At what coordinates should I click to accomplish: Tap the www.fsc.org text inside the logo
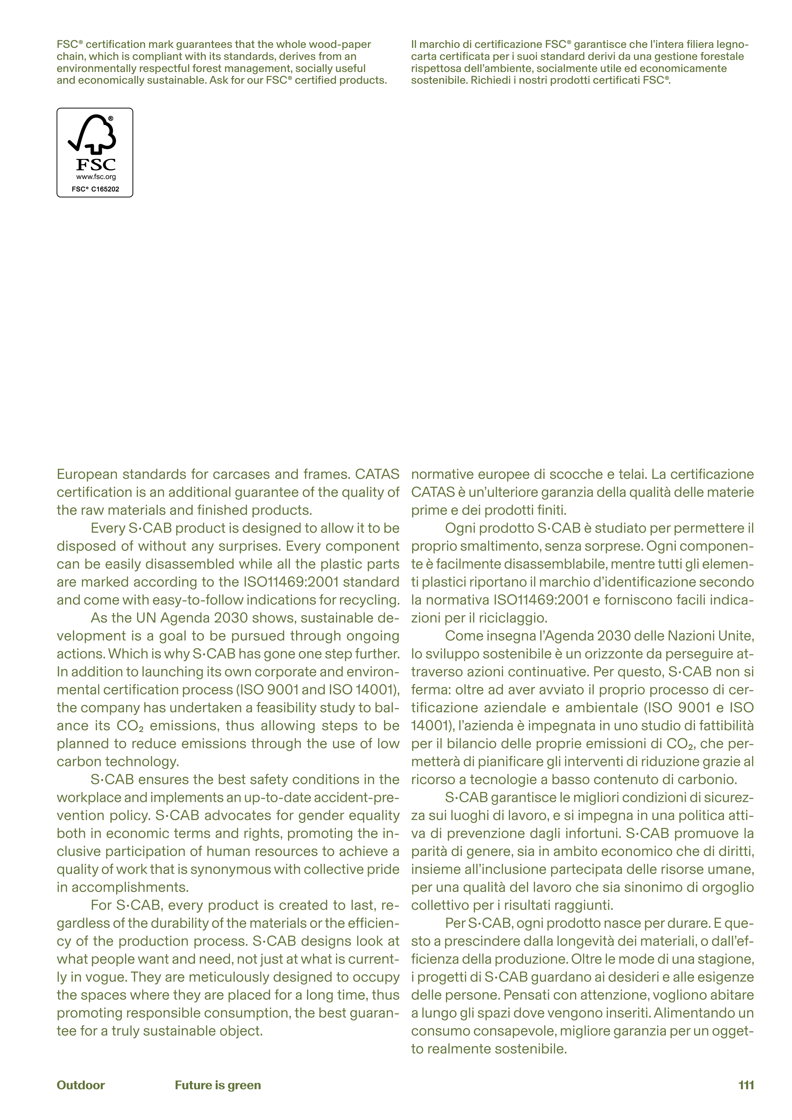[96, 177]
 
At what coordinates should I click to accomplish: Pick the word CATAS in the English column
[377, 474]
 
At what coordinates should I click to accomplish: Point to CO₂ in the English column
[129, 726]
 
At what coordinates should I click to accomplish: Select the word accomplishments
[130, 887]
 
